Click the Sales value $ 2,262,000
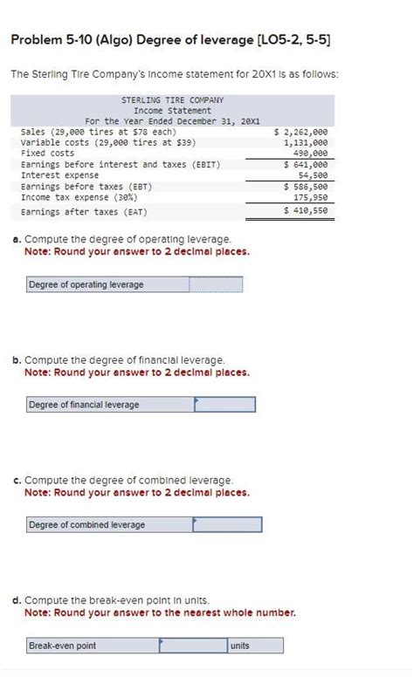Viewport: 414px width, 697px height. point(301,132)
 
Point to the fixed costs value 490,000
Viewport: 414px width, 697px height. point(311,153)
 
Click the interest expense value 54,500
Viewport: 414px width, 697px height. point(313,174)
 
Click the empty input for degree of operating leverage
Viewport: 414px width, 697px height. point(216,284)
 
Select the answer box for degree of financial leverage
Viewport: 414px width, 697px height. point(224,405)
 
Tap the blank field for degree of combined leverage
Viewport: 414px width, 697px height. point(227,524)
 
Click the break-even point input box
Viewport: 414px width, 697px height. point(192,646)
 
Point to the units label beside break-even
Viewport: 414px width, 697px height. point(239,646)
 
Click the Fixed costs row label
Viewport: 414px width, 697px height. point(47,153)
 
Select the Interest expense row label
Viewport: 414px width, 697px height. point(59,174)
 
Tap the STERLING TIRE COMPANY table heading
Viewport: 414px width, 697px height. point(172,100)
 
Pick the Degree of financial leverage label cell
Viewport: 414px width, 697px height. point(84,405)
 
